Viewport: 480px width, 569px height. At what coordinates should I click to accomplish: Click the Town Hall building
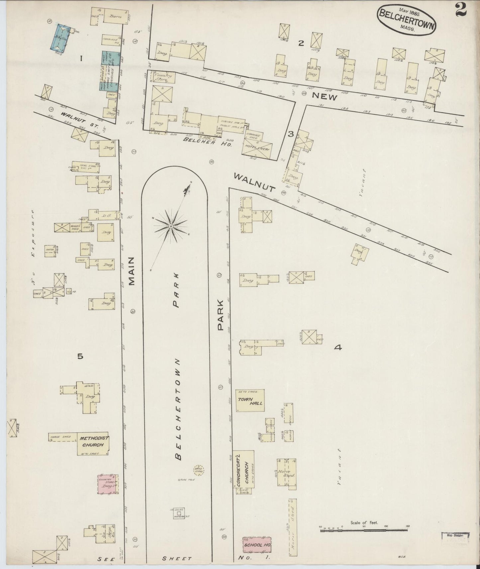(250, 400)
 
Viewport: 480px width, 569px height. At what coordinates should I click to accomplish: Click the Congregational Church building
(245, 469)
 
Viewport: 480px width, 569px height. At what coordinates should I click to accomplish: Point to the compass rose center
(170, 226)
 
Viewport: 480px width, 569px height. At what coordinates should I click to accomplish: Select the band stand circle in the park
(199, 470)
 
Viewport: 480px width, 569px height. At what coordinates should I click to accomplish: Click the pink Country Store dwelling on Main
(108, 484)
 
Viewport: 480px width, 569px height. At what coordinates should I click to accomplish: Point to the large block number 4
(338, 348)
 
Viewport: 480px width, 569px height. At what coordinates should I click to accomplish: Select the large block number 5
(80, 356)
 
